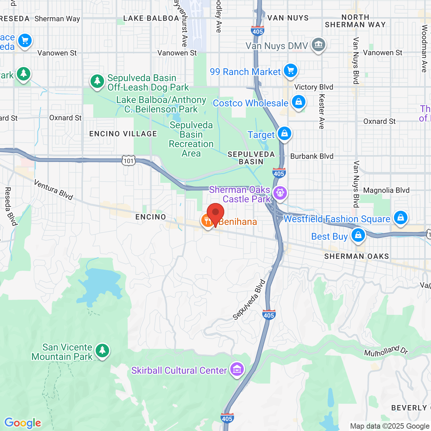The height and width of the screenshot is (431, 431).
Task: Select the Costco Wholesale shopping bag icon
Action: pos(298,102)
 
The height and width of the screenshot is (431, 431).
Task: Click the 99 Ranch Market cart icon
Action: pos(290,70)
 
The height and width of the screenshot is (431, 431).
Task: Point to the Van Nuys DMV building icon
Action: pos(318,44)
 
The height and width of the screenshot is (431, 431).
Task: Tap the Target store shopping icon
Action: pos(285,133)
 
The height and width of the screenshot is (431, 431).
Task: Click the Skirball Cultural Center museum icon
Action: pos(237,369)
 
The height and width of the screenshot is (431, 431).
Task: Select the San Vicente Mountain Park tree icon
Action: pos(102,351)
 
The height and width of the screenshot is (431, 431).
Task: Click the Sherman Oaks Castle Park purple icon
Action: pos(280,193)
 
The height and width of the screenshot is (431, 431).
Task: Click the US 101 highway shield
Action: pos(129,161)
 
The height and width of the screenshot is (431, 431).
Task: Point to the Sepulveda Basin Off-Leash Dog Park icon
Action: pos(97,81)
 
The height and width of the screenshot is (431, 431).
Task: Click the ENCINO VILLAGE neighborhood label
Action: pos(123,134)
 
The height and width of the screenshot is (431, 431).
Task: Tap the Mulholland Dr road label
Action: pos(386,351)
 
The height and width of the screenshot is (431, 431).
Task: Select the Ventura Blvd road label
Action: pos(54,190)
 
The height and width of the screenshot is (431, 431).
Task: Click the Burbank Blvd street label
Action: pos(312,156)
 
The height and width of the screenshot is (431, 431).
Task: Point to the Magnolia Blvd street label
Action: pos(386,191)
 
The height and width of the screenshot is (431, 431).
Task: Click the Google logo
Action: pos(23,423)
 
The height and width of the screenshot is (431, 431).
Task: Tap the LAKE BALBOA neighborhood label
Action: pos(151,19)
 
